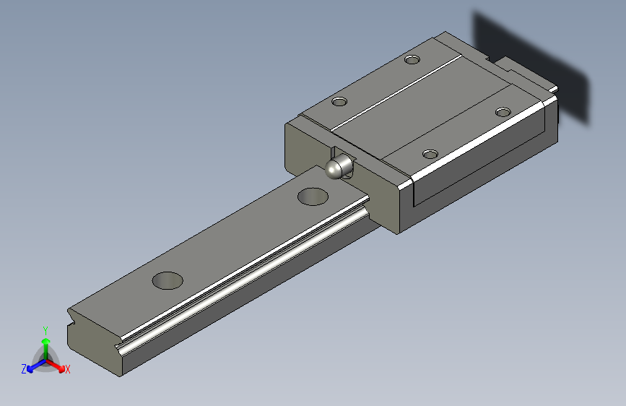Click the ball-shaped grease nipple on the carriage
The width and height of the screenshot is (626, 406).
point(335,168)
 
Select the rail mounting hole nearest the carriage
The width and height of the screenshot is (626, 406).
point(313,196)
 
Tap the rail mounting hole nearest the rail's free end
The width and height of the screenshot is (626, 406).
point(168,280)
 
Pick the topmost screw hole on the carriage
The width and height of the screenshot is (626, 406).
point(412,59)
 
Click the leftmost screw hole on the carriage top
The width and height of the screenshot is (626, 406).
point(339,102)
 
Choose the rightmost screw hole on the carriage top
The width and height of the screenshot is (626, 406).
point(503,111)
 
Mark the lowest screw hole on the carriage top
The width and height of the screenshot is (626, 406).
point(430,154)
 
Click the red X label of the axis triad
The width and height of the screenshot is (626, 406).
point(68,370)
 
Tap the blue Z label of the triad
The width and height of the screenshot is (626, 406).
point(24,369)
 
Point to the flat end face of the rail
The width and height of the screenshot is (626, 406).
point(94,340)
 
